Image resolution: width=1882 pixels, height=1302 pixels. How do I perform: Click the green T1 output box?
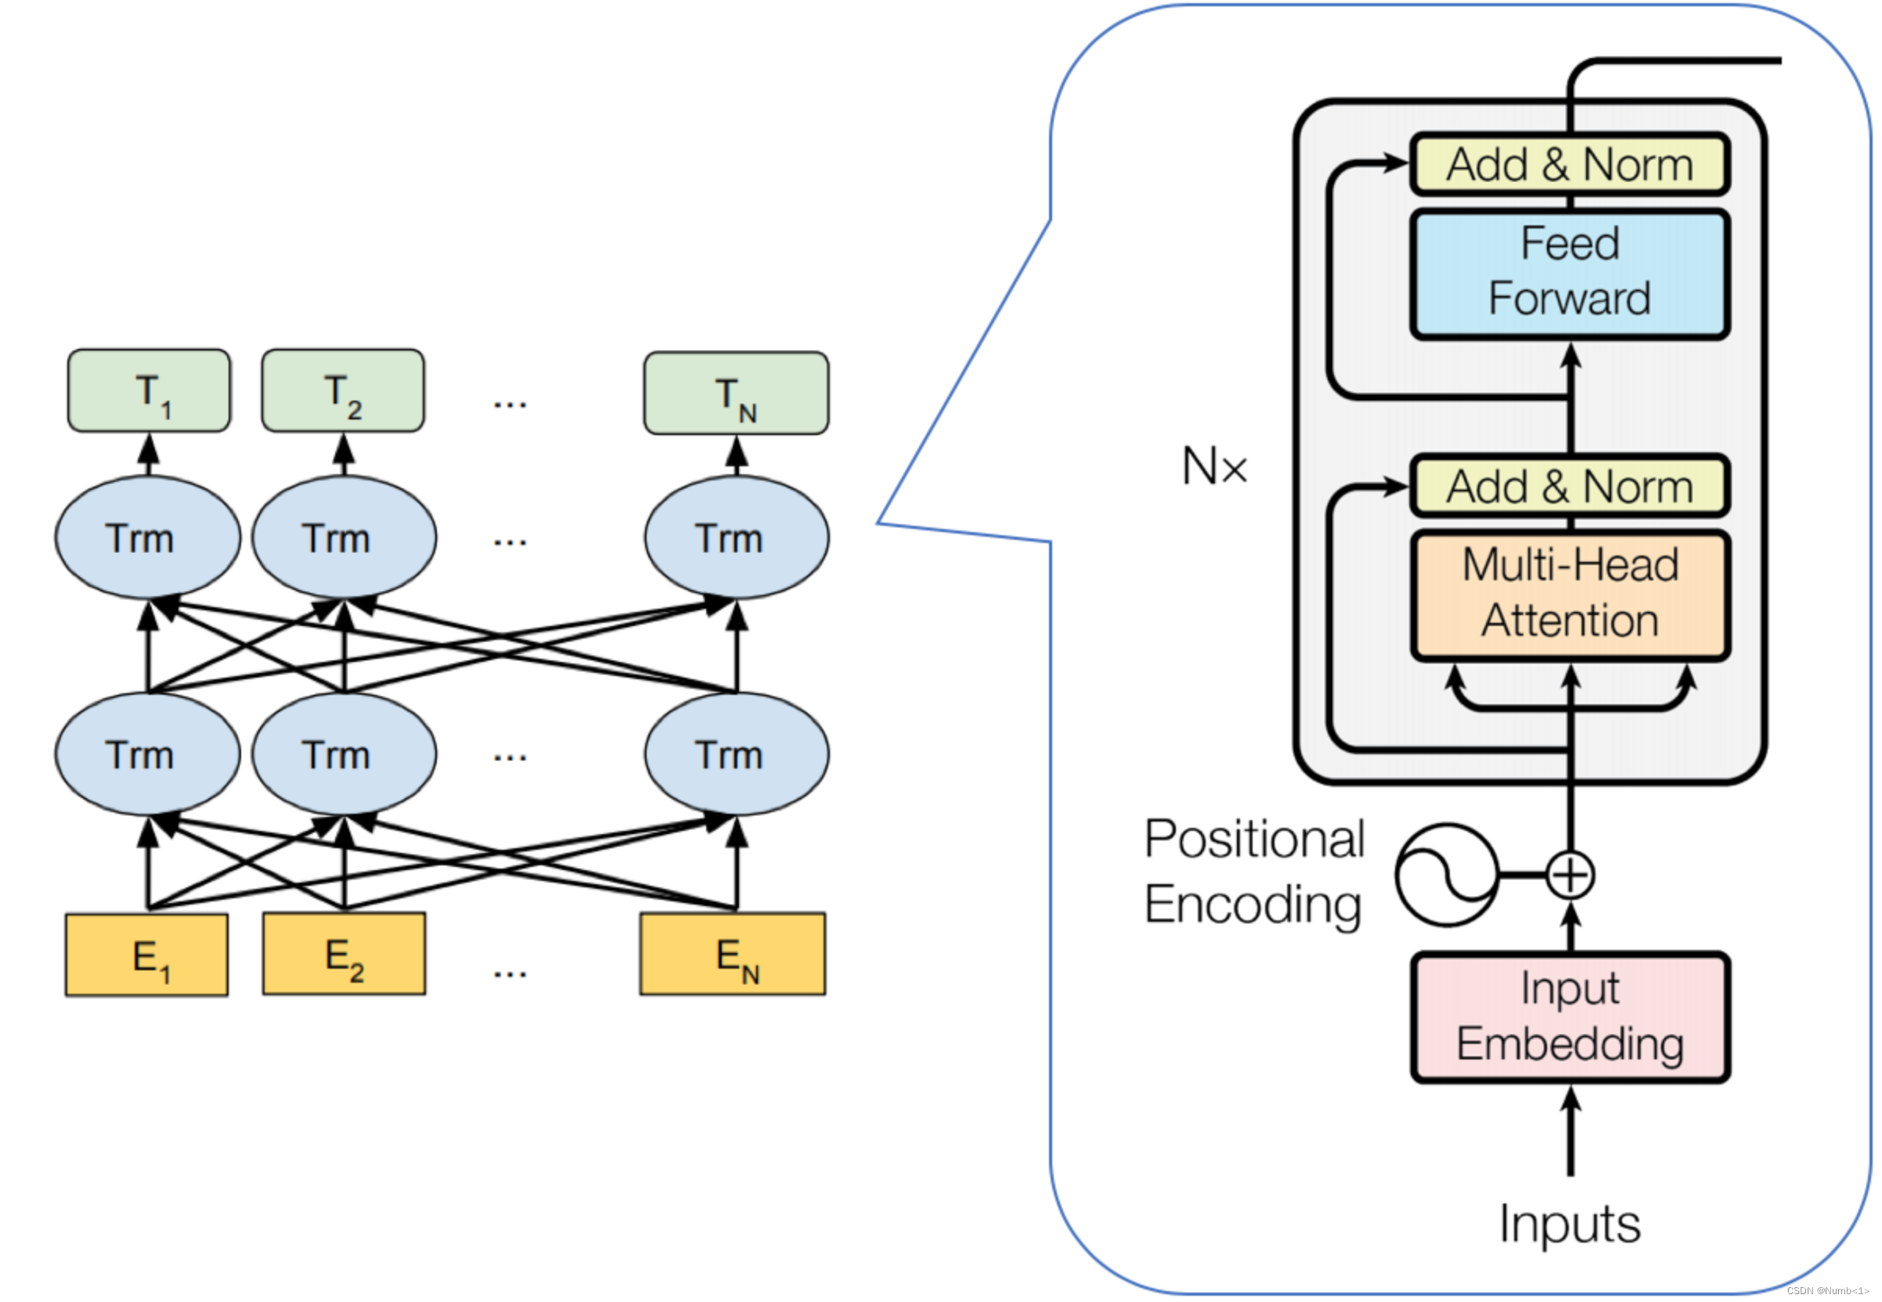(150, 390)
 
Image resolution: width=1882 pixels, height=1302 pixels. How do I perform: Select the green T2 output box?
(343, 390)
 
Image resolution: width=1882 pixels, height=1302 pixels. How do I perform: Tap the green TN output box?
(736, 394)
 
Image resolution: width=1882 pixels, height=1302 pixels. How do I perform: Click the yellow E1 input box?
(147, 955)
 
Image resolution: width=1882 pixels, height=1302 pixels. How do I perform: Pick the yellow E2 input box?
(344, 954)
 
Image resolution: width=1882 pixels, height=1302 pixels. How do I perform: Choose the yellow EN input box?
(733, 954)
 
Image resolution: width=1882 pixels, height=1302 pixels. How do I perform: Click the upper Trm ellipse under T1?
(148, 538)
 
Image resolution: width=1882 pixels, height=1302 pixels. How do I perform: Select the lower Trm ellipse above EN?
(737, 754)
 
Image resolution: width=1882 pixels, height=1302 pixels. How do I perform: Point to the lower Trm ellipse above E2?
(344, 754)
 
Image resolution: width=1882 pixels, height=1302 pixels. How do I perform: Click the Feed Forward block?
(1570, 274)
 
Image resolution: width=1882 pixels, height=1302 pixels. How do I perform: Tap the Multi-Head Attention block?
(1570, 595)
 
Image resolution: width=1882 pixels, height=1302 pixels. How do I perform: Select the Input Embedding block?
(1570, 1017)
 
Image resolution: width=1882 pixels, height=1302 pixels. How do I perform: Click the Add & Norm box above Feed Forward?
(1570, 164)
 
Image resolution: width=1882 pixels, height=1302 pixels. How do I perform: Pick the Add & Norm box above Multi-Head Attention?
(1570, 486)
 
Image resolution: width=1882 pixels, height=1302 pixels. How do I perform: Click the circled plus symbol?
(1570, 876)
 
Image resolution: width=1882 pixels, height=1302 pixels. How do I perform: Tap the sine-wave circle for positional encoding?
(1447, 876)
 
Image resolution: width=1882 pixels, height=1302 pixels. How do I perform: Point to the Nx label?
(1214, 466)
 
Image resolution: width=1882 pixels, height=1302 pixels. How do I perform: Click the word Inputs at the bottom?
(1570, 1224)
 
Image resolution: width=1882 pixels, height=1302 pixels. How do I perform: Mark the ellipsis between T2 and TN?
(510, 404)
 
